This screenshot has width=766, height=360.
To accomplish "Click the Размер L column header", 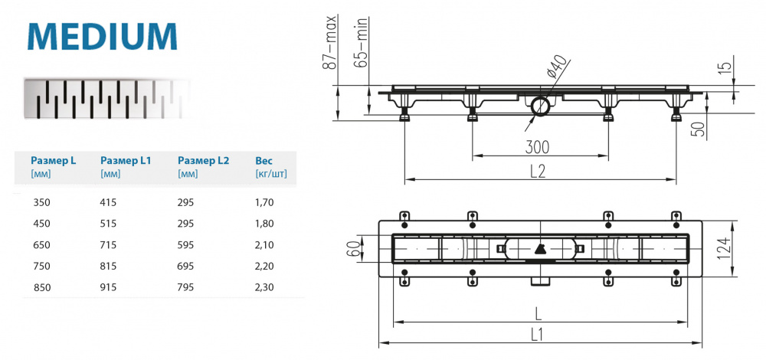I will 53,161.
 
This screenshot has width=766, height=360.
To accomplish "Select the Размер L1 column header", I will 126,161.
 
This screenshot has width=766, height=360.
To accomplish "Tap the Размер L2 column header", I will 203,161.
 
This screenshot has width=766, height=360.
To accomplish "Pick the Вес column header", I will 264,161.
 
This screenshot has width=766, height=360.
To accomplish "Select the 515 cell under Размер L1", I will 111,224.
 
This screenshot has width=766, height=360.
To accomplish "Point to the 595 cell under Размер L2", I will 186,245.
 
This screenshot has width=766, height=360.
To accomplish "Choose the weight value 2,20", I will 265,267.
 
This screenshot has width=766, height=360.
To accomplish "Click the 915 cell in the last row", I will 111,287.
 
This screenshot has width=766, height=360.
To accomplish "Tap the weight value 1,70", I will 265,203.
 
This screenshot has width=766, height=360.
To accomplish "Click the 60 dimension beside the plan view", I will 353,248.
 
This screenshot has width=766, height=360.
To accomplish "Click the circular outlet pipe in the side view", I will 540,106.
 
